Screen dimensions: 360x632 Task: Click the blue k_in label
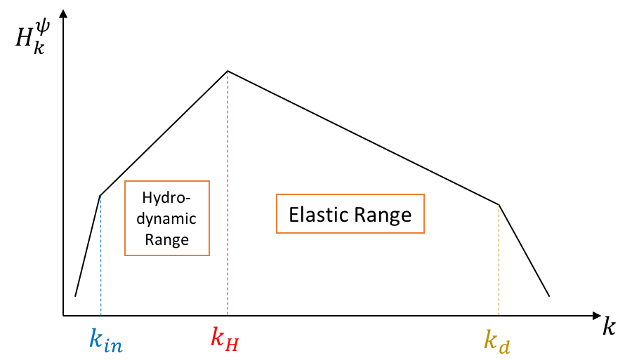pos(106,340)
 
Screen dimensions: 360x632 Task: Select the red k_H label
pos(225,338)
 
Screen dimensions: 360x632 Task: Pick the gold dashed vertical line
pos(499,260)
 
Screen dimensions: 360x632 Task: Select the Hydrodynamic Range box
pos(167,218)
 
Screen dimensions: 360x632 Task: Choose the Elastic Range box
pos(350,213)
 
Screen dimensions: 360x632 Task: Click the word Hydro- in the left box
pos(166,196)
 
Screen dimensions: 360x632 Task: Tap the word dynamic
pos(166,218)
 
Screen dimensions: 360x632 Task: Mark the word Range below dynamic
pos(166,240)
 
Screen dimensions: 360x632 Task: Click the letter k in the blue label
pos(96,338)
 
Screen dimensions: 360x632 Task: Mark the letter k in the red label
pos(217,337)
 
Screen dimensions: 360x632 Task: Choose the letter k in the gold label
pos(489,339)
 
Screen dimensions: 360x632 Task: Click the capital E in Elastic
pos(294,214)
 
